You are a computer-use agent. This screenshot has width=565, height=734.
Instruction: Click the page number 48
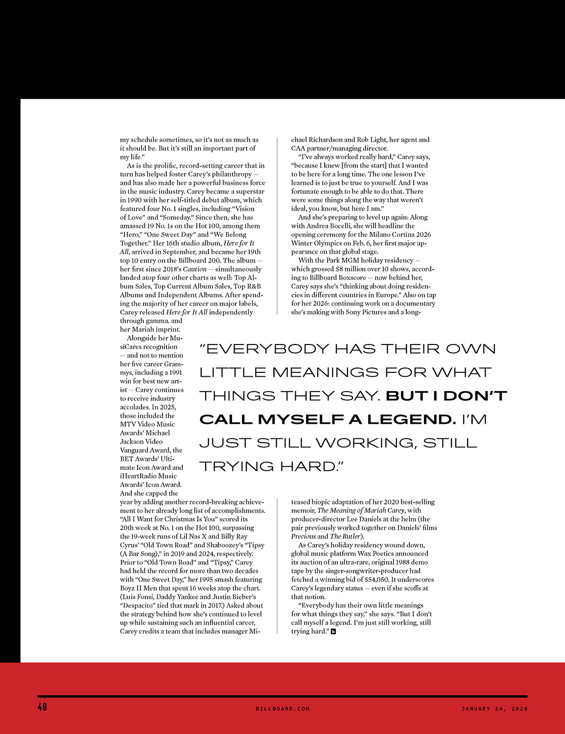pos(42,707)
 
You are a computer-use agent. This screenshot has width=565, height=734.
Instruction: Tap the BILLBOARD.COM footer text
pos(282,709)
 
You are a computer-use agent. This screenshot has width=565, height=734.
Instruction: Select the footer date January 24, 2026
pos(494,709)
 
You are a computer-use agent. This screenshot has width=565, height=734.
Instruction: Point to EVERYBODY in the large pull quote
pos(264,349)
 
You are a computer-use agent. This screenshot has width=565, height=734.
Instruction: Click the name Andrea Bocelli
pos(328,226)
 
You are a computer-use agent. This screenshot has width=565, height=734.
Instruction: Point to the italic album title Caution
pos(195,269)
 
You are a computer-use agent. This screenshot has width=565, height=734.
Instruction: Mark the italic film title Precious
pos(304,536)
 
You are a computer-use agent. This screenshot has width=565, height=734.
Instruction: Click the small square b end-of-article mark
pos(333,632)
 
